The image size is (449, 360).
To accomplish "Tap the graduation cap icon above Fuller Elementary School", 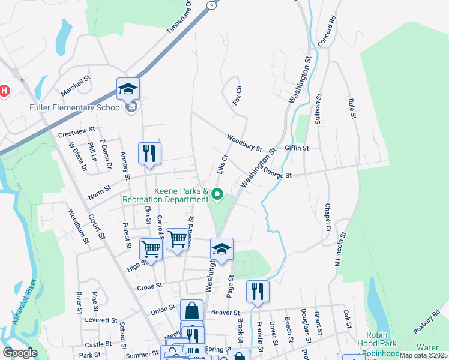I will point(128,89).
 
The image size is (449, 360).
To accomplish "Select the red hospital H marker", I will point(5,91).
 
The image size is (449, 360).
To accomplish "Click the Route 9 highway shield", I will point(212,5).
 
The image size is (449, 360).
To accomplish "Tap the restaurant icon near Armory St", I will point(149,153).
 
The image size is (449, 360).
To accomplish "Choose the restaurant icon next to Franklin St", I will point(258,292).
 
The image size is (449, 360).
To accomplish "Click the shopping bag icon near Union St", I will point(191,311).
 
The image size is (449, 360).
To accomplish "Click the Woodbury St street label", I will point(244,143).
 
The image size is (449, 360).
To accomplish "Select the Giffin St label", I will point(297,148).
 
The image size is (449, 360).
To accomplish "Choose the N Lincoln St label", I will point(339,249).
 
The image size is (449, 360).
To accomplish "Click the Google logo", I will point(20,353).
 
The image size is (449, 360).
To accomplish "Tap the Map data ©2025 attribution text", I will point(424,355).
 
